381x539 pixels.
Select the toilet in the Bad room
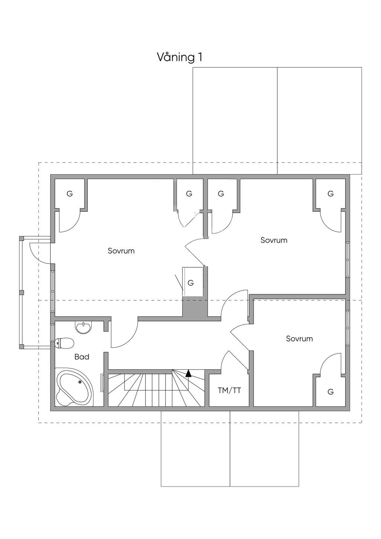[64, 343]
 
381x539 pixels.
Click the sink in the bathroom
[83, 327]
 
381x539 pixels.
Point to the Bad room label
[82, 357]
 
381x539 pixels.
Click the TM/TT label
[229, 390]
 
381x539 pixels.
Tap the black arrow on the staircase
[188, 373]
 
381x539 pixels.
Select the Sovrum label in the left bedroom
[121, 251]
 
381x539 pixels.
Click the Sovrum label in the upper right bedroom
[274, 240]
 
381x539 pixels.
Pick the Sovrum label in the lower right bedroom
[300, 339]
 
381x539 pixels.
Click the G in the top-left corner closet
[70, 194]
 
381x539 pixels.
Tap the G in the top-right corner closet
[330, 194]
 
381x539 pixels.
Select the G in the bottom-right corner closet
[330, 392]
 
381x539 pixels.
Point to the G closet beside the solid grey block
[190, 283]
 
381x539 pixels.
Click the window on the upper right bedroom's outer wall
[348, 260]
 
